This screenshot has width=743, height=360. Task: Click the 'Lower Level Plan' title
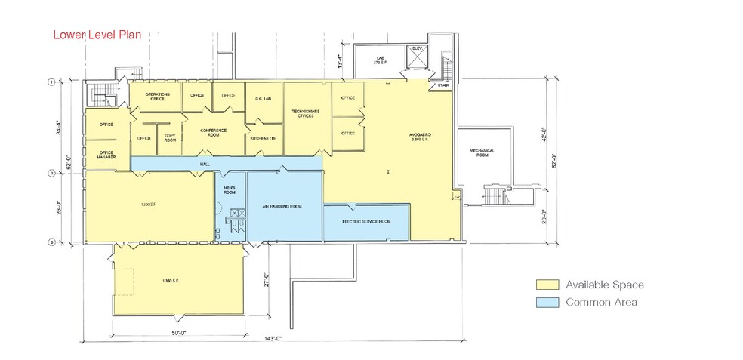[x=97, y=35]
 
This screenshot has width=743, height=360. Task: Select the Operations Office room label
[x=158, y=97]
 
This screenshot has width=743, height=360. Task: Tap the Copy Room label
[x=170, y=138]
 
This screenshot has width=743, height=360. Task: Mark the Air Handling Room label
[x=282, y=205]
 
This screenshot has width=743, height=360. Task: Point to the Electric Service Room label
[x=365, y=221]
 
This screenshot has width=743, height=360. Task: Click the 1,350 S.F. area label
[x=171, y=281]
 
